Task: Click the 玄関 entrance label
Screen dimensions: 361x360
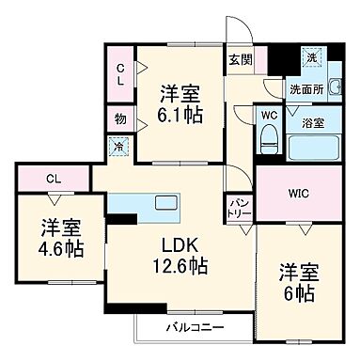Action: (x=240, y=59)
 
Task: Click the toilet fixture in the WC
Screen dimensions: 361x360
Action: (x=269, y=138)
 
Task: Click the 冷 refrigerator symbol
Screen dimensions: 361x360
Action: (x=118, y=147)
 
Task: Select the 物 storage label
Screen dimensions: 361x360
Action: (x=120, y=119)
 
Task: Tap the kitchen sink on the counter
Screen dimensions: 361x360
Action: (x=164, y=201)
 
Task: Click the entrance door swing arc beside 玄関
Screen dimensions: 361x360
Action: (x=235, y=33)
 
